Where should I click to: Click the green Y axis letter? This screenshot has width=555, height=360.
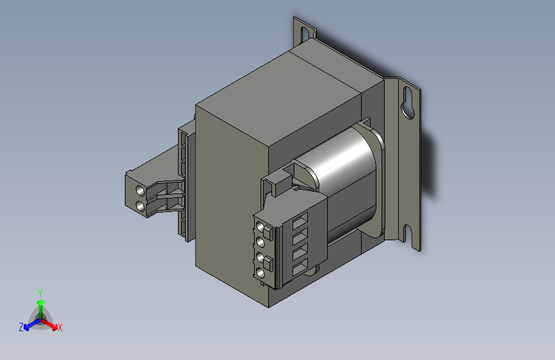[x=40, y=293]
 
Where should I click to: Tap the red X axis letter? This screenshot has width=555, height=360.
[x=60, y=327]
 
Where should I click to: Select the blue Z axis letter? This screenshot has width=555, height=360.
[x=21, y=327]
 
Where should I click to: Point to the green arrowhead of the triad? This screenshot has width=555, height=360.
[x=41, y=302]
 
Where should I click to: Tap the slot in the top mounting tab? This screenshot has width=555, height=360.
[x=305, y=35]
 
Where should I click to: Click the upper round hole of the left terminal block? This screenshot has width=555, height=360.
[x=140, y=191]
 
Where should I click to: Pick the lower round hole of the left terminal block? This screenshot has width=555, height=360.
[x=140, y=206]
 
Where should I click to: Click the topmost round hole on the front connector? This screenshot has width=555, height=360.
[x=260, y=227]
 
